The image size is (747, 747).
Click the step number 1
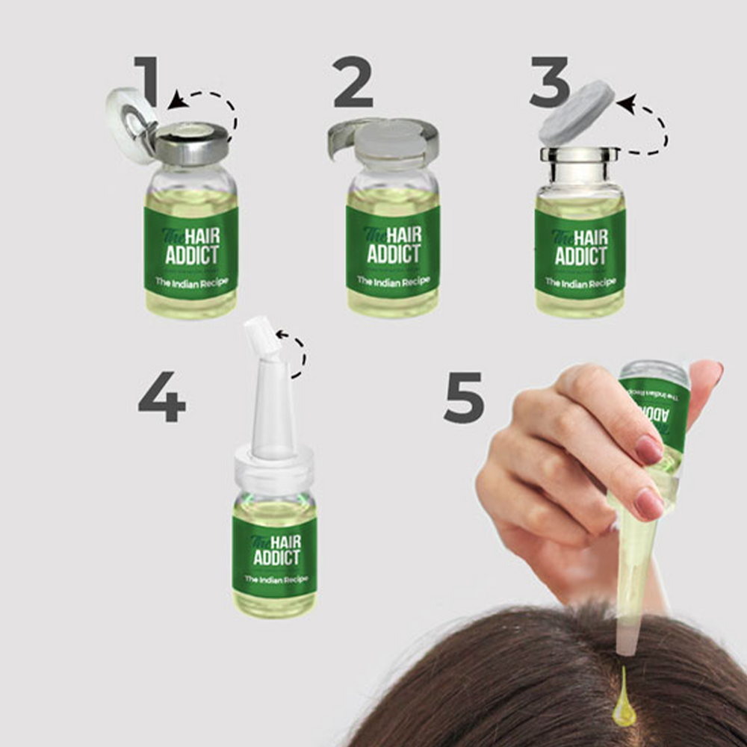(x=147, y=80)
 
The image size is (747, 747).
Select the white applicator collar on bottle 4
(x=273, y=471)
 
